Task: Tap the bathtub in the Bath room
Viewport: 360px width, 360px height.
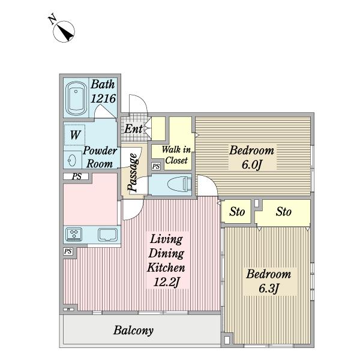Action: (x=76, y=98)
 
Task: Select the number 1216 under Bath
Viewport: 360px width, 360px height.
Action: (x=103, y=99)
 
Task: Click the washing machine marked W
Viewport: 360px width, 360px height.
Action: (x=74, y=135)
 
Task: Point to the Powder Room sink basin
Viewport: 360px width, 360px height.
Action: (x=72, y=160)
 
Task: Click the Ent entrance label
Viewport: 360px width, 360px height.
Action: (x=134, y=129)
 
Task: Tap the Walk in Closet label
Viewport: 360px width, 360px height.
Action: (x=176, y=155)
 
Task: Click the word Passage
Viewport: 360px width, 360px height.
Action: (x=133, y=172)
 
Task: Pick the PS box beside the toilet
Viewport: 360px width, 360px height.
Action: (x=156, y=166)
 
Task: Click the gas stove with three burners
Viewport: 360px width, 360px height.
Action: (x=74, y=235)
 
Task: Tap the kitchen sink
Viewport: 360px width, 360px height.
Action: (x=108, y=235)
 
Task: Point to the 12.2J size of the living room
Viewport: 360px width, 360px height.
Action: (x=166, y=282)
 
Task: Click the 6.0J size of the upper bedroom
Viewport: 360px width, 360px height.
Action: (x=251, y=164)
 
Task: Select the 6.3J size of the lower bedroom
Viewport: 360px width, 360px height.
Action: (x=269, y=289)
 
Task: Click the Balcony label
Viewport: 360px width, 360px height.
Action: (x=133, y=331)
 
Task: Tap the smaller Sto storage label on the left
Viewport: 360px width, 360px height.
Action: (x=237, y=211)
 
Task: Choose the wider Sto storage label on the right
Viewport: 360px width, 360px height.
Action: (x=284, y=211)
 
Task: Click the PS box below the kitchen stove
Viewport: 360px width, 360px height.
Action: (x=68, y=251)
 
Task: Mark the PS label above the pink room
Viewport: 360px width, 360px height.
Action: (x=77, y=176)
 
